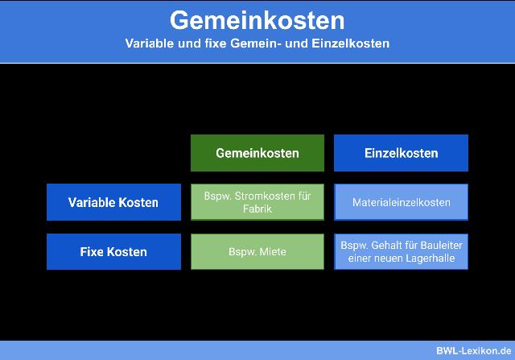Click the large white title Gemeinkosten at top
[x=257, y=19]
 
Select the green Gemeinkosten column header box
[x=257, y=153]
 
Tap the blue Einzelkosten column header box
[x=401, y=153]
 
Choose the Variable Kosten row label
[x=113, y=202]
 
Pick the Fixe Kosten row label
[x=113, y=251]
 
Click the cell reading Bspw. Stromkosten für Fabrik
[x=257, y=202]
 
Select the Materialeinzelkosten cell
[x=401, y=202]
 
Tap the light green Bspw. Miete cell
[x=257, y=251]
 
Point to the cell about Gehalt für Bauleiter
[x=401, y=251]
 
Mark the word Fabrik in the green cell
[x=257, y=209]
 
